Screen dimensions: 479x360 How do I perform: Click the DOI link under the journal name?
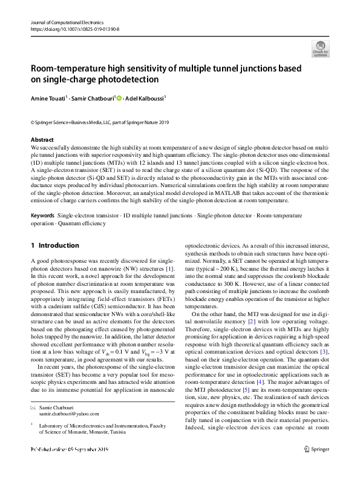point(74,28)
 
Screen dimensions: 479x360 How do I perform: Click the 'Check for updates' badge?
point(320,50)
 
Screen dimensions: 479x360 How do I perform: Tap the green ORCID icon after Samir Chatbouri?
point(119,98)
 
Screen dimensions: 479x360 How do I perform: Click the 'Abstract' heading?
point(41,140)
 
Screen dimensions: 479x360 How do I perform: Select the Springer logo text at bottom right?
point(316,466)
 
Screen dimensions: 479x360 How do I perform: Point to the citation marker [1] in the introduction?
point(171,268)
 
